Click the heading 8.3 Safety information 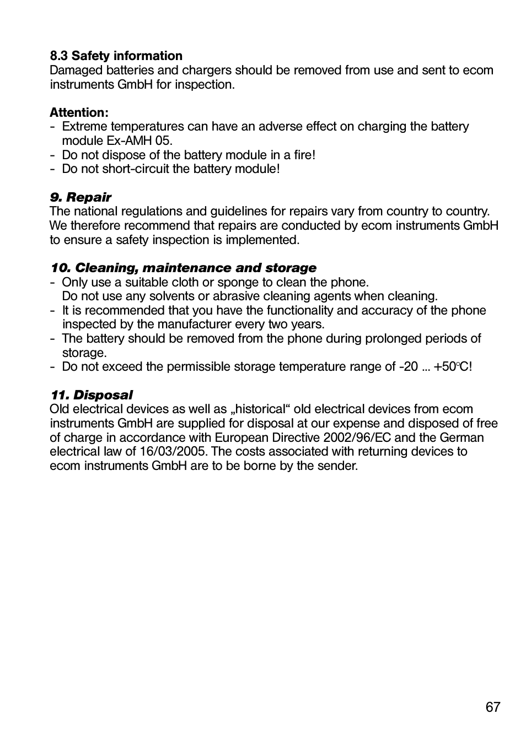tap(116, 56)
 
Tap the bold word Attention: tap(79, 112)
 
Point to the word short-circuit tap(134, 169)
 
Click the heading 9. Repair tap(80, 197)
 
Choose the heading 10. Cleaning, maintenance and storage tap(184, 268)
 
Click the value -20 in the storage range tap(409, 366)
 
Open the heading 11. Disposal tap(92, 395)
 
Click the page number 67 tap(493, 707)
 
